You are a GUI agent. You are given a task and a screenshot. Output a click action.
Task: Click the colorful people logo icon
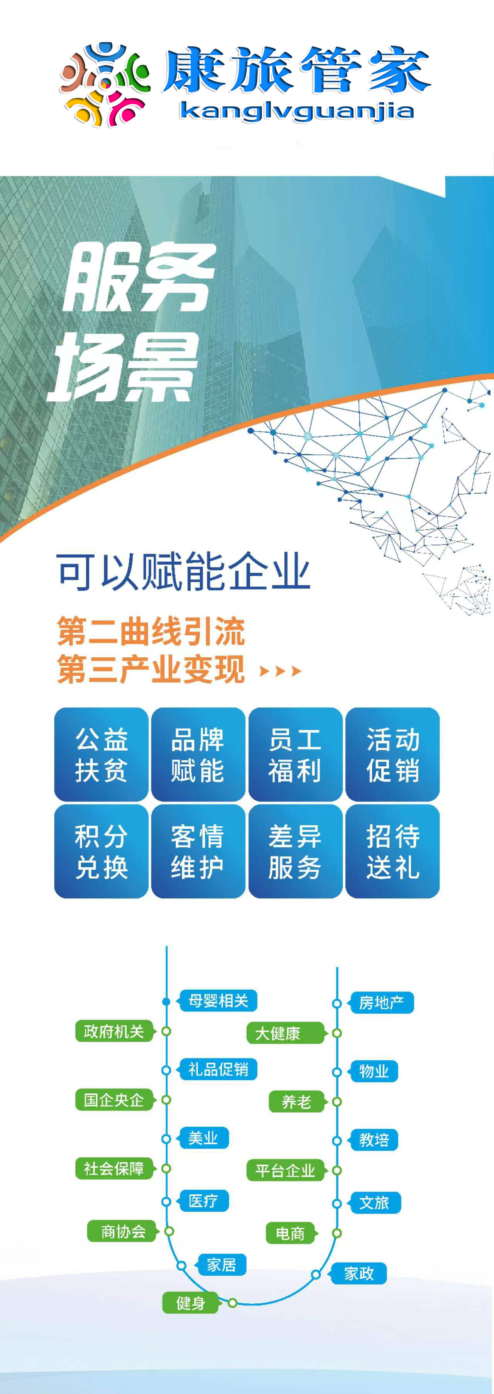click(x=105, y=84)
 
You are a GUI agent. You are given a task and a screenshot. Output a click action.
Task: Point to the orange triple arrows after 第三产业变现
click(x=280, y=672)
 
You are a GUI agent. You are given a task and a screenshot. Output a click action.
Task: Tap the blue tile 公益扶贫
click(x=101, y=754)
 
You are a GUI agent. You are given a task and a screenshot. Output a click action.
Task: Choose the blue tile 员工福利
click(x=295, y=754)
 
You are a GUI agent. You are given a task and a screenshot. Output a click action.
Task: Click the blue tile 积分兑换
click(x=101, y=851)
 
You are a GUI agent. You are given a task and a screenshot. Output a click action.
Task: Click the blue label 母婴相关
click(x=218, y=1000)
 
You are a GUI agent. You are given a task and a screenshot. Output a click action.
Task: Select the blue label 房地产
click(x=381, y=1003)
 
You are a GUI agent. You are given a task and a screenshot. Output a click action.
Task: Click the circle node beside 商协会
click(x=169, y=1232)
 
